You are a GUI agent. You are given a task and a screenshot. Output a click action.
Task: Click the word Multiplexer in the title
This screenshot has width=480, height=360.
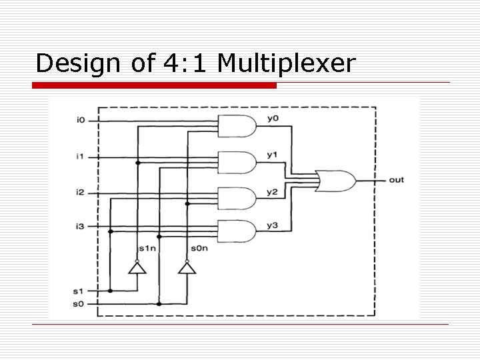287,63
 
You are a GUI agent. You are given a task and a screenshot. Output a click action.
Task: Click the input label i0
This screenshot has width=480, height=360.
81,120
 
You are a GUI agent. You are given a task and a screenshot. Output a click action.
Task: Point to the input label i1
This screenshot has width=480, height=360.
81,157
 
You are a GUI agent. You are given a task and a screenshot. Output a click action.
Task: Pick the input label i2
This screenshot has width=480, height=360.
81,193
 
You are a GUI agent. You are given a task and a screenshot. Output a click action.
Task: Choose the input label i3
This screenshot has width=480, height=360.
81,227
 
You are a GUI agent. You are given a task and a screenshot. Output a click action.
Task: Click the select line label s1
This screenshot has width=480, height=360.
79,291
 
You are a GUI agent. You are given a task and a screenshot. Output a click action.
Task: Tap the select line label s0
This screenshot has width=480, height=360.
79,304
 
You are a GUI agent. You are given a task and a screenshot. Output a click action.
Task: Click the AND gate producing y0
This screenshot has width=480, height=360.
237,125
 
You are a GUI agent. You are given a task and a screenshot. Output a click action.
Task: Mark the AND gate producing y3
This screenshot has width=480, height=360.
237,231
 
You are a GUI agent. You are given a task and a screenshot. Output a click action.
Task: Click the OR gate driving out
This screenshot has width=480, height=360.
337,180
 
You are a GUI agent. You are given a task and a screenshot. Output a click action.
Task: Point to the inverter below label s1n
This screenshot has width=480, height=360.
137,268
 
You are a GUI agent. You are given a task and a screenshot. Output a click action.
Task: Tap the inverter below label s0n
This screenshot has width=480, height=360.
186,268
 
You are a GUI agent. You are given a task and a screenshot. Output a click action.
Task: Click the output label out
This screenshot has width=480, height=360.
396,180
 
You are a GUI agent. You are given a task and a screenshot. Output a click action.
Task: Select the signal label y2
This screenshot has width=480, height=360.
272,192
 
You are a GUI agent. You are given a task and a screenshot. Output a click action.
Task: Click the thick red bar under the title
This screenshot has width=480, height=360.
155,85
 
